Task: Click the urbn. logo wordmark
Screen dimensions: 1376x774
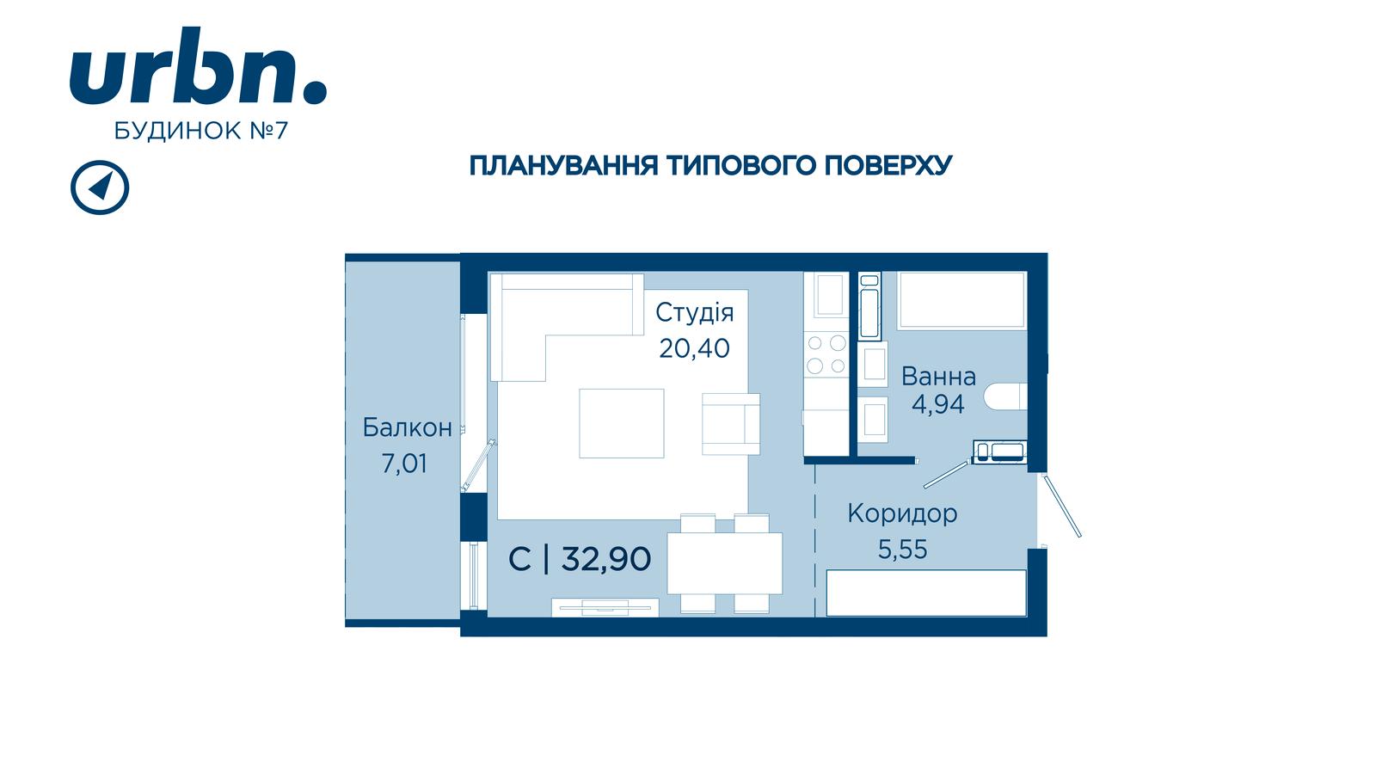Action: (198, 65)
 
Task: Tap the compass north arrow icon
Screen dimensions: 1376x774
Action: (100, 187)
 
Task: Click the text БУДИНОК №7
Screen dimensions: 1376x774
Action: (201, 131)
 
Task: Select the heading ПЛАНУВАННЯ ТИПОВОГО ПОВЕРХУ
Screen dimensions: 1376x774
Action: (710, 166)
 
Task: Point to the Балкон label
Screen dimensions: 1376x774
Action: (408, 427)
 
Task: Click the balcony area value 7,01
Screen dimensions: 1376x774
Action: (404, 464)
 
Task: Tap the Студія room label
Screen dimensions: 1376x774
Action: (694, 313)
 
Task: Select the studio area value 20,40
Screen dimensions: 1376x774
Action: (694, 348)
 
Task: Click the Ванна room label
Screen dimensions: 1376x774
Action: (938, 376)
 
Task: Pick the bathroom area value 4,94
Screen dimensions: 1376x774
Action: (938, 404)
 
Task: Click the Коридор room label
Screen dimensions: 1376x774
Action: (902, 513)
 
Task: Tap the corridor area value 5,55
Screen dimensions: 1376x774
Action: (902, 550)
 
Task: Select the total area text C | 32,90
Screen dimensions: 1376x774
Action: (580, 559)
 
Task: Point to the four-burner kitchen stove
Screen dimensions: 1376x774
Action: (826, 354)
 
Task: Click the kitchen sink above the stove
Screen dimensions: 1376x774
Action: (830, 295)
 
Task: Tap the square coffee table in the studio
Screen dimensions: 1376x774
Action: (622, 423)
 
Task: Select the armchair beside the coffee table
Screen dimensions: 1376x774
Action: (731, 424)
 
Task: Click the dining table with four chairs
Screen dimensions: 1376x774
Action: (725, 563)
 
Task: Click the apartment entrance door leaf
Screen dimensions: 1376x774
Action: (1062, 506)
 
